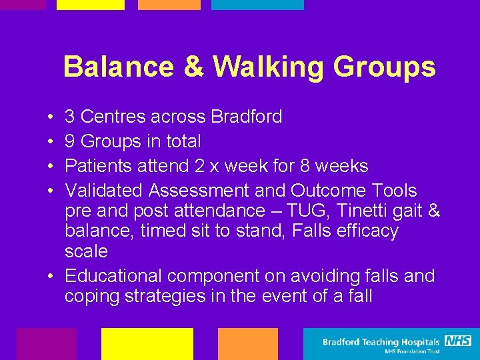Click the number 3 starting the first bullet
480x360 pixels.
69,117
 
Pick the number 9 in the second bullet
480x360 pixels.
69,141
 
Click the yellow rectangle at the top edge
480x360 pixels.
90,5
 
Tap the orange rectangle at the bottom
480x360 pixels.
247,343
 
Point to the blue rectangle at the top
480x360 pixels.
257,5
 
